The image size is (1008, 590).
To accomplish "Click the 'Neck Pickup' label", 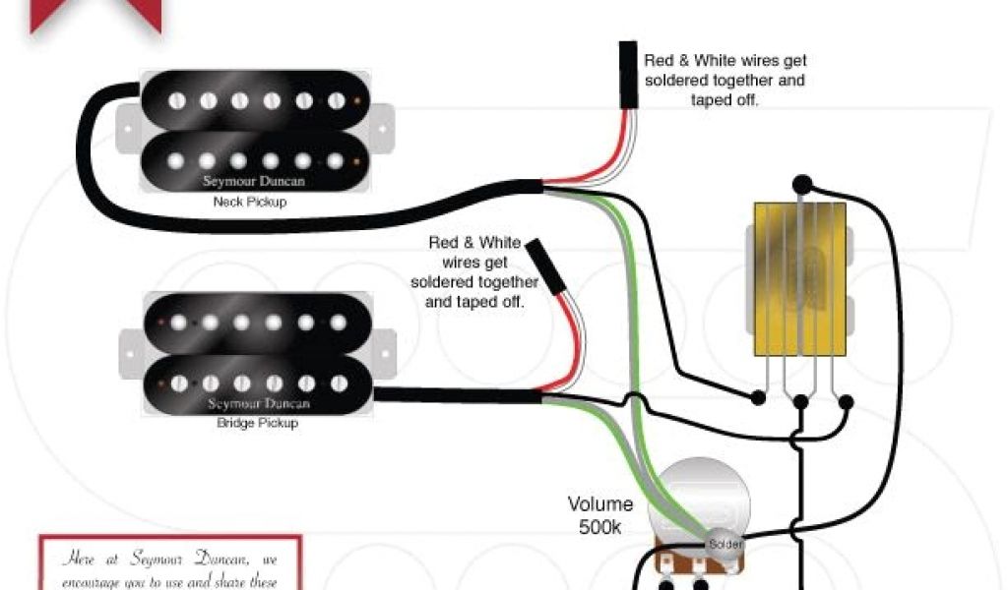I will click(x=244, y=203).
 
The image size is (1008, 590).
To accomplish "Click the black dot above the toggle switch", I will click(x=802, y=183).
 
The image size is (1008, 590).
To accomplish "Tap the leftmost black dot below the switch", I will click(x=758, y=399).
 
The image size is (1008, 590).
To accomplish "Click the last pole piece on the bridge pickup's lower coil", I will click(x=338, y=381).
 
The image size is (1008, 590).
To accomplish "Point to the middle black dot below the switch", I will click(x=801, y=401).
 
